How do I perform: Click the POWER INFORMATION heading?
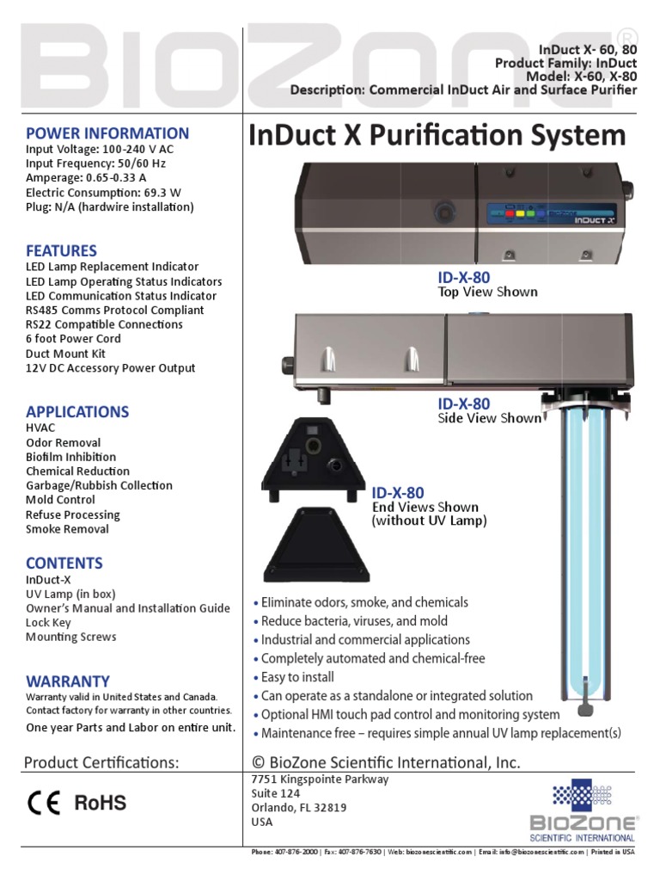(x=107, y=133)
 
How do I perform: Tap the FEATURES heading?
(x=61, y=251)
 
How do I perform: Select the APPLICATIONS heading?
(x=77, y=411)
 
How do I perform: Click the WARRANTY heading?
(x=68, y=681)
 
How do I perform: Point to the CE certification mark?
(x=43, y=803)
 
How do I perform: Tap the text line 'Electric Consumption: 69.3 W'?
(x=103, y=193)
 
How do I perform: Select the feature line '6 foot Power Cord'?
(x=73, y=339)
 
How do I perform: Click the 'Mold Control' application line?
(x=60, y=500)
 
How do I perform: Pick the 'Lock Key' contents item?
(x=48, y=623)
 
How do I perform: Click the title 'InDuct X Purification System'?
(x=437, y=136)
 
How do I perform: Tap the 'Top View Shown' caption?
(x=488, y=293)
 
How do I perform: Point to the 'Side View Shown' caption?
(x=490, y=418)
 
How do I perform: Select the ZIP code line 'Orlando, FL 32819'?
(x=300, y=808)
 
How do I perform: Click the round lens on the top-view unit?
(x=443, y=211)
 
